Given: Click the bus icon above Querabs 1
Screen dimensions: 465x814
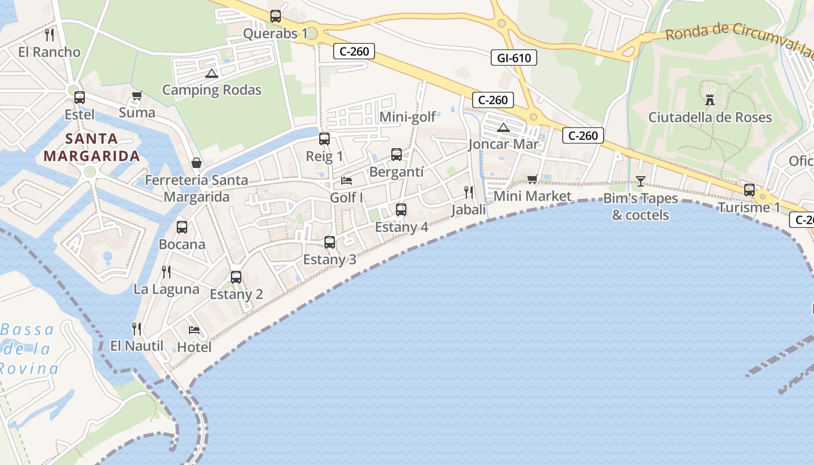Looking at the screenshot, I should click(x=276, y=16).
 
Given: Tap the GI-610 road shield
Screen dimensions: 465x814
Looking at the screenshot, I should click(x=514, y=58).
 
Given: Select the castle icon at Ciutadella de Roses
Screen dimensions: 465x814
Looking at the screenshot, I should click(x=709, y=99).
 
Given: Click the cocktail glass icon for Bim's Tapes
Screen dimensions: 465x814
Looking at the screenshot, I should click(x=640, y=181).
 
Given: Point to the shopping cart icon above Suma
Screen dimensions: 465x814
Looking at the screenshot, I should click(x=137, y=95).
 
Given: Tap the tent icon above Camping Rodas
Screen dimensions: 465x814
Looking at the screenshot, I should click(x=211, y=73).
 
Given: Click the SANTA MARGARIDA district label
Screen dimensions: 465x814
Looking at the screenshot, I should click(x=91, y=147).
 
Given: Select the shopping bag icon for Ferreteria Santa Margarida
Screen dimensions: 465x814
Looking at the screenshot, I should click(x=197, y=163).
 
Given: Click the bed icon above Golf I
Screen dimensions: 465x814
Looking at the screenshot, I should click(x=347, y=180).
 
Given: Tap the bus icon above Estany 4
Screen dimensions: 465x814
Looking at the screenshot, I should click(x=401, y=210).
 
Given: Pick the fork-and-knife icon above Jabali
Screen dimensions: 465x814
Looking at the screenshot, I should click(x=469, y=192).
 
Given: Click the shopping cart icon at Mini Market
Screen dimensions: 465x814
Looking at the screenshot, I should click(x=532, y=179).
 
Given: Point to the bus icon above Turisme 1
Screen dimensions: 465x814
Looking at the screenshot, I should click(x=749, y=190).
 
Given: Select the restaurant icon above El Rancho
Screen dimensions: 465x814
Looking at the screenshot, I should click(x=49, y=35).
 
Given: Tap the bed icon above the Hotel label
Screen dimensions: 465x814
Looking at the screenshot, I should click(x=194, y=330).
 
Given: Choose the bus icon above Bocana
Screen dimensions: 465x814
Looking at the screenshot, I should click(x=182, y=227).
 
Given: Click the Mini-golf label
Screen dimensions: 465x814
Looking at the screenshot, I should click(x=408, y=117).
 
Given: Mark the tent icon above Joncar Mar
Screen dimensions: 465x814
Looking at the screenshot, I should click(x=504, y=127).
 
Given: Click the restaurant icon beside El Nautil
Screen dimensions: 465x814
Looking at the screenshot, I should click(x=137, y=329).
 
